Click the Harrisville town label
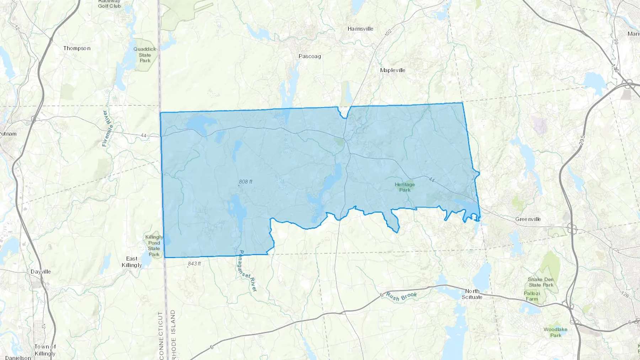pyautogui.click(x=360, y=29)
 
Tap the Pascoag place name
pyautogui.click(x=310, y=56)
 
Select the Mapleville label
pyautogui.click(x=393, y=70)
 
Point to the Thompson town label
pyautogui.click(x=77, y=48)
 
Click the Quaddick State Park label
pyautogui.click(x=145, y=55)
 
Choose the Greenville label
pyautogui.click(x=528, y=219)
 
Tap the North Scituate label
pyautogui.click(x=472, y=294)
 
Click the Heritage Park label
pyautogui.click(x=405, y=187)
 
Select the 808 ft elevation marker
pyautogui.click(x=245, y=182)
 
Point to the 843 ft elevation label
pyautogui.click(x=194, y=264)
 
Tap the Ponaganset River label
pyautogui.click(x=247, y=271)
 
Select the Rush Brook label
pyautogui.click(x=401, y=296)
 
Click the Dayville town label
pyautogui.click(x=41, y=272)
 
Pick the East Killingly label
pyautogui.click(x=132, y=262)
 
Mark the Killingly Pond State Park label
pyautogui.click(x=154, y=246)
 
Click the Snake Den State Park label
pyautogui.click(x=540, y=282)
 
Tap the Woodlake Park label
pyautogui.click(x=555, y=332)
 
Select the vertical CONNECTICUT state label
pyautogui.click(x=161, y=335)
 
